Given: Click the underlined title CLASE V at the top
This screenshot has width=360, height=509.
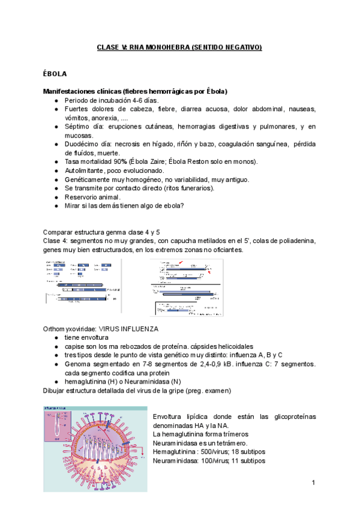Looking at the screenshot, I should (x=179, y=47).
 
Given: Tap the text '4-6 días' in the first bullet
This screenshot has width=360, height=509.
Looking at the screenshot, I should (x=140, y=100).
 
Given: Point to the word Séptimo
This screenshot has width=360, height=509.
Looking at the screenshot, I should (x=79, y=127).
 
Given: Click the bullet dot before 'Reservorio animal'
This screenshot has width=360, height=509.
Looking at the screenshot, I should (x=56, y=197).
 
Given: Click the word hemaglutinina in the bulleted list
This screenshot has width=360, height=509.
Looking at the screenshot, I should (x=88, y=381).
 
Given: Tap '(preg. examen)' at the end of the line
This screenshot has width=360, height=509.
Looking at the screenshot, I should (x=238, y=390).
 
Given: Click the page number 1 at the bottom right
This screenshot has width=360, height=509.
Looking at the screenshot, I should (x=313, y=483).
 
